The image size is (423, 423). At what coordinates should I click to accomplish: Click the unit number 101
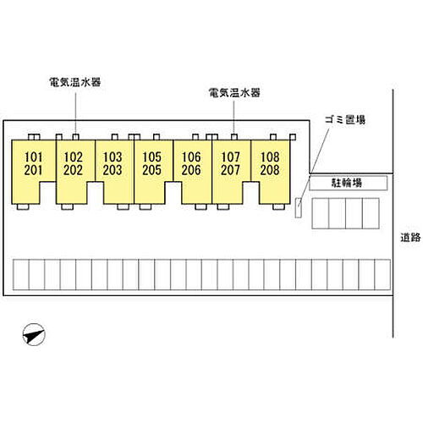(x=34, y=157)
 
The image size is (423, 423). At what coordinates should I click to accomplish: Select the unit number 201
(x=34, y=170)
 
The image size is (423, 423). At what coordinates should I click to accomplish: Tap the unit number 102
(x=73, y=157)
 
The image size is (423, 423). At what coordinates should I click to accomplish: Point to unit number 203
(x=113, y=170)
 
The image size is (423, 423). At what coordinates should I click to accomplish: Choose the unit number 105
(x=151, y=157)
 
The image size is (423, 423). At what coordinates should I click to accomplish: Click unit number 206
(x=191, y=170)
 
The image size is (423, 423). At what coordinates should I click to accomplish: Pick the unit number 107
(x=230, y=157)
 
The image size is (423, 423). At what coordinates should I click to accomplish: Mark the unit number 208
(x=270, y=170)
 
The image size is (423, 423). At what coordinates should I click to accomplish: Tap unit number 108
(x=270, y=157)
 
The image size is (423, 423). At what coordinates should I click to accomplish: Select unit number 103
(x=113, y=157)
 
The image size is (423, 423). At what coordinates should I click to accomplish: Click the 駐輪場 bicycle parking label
(x=347, y=183)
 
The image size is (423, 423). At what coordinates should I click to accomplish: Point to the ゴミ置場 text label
(x=345, y=119)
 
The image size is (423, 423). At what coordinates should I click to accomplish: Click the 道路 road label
(x=410, y=238)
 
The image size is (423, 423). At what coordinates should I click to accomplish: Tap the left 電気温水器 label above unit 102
(x=75, y=82)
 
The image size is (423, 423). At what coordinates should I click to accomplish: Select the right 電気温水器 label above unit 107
(x=234, y=92)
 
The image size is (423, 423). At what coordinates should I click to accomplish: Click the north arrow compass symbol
(x=34, y=334)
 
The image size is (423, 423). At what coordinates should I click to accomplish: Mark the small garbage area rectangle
(x=299, y=208)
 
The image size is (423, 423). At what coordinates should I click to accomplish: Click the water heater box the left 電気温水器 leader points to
(x=75, y=137)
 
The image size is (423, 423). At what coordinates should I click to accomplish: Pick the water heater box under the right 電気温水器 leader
(x=234, y=137)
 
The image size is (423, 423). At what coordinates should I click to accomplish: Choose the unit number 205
(x=151, y=170)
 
